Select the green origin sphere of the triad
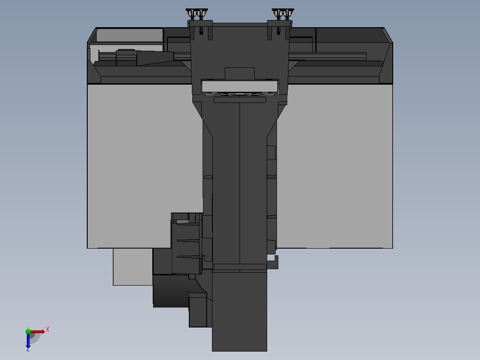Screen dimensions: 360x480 click(x=28, y=331)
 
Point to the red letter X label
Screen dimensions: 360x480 click(x=47, y=330)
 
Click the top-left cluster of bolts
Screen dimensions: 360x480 click(x=196, y=13)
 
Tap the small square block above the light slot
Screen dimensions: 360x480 click(x=240, y=73)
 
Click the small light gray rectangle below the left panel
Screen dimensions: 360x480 click(x=133, y=266)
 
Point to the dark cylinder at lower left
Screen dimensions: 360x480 click(x=171, y=290)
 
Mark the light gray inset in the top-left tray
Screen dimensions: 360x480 click(x=129, y=35)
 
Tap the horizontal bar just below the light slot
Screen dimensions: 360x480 click(x=240, y=100)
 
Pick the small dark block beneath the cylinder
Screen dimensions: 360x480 click(x=198, y=312)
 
